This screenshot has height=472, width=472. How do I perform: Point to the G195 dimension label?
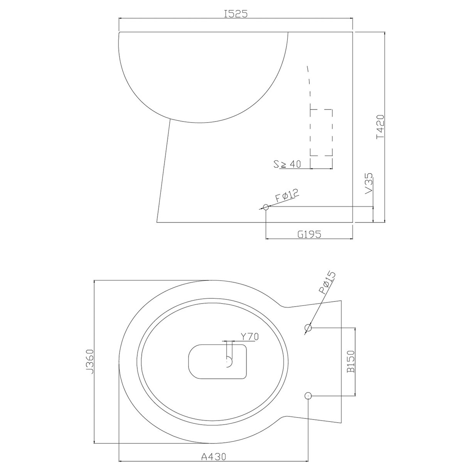(309, 233)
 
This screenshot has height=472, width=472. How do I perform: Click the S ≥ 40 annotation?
(287, 164)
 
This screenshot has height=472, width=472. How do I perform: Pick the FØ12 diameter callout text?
(287, 197)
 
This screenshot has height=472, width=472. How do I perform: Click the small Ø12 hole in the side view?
(266, 207)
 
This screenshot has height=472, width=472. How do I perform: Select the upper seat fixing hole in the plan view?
(308, 328)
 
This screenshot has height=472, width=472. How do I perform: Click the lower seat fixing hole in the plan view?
(308, 396)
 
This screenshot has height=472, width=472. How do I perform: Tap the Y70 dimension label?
(249, 336)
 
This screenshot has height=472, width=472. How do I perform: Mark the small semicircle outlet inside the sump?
(229, 362)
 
